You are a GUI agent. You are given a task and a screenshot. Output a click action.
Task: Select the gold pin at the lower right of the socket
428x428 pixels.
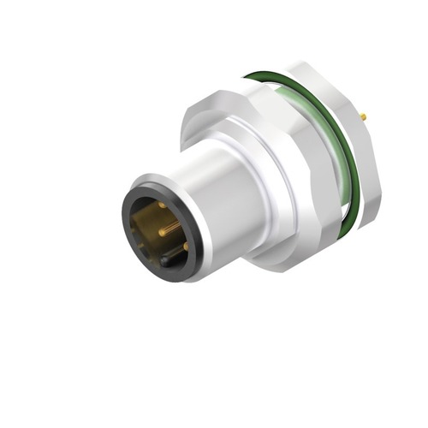[x=184, y=246]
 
